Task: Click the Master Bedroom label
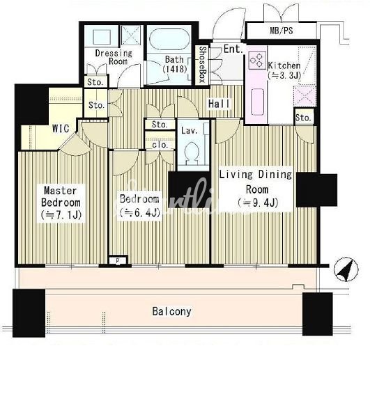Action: coord(61,203)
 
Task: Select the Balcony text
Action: coord(172,312)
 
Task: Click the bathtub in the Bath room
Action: coord(169,38)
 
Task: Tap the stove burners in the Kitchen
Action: coord(257,61)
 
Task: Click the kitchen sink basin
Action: coord(257,102)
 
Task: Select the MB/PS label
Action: coord(282,31)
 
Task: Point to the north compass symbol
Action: coord(346,269)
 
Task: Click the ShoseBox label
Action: coord(203,64)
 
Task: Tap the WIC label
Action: coord(61,128)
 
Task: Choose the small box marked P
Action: coord(118,261)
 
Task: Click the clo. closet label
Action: coord(160,145)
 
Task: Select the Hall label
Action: coord(219,104)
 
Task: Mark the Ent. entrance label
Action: coord(233,49)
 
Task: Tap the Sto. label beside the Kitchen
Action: coord(303,118)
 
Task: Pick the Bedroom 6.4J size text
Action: coord(140,213)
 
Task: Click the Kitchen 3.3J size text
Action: coord(284,75)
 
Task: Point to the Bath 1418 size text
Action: coord(175,69)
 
